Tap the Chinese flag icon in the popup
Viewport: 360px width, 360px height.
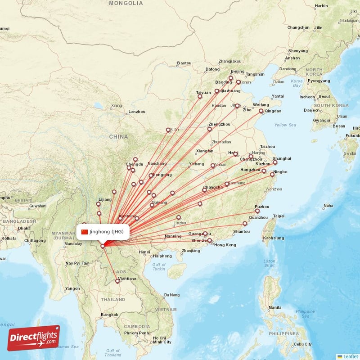coord(85,232)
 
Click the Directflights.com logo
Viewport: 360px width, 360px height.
coord(34,337)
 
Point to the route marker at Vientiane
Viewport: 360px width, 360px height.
coord(117,282)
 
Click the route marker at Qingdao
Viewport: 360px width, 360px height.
coord(261,111)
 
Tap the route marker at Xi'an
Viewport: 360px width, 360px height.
coord(168,130)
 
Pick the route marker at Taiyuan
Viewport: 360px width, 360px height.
coord(200,96)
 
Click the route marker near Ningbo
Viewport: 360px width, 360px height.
coord(272,175)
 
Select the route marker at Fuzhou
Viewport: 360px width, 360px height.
coord(257,211)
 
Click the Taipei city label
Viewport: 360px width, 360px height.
coord(279,216)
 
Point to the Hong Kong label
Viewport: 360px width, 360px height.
coord(225,245)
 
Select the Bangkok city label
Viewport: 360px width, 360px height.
coord(109,315)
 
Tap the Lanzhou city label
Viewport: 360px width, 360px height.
coord(137,111)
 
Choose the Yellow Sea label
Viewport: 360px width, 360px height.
coord(285,125)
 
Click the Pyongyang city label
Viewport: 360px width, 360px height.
coord(319,81)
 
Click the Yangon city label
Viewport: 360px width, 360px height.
coord(72,288)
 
